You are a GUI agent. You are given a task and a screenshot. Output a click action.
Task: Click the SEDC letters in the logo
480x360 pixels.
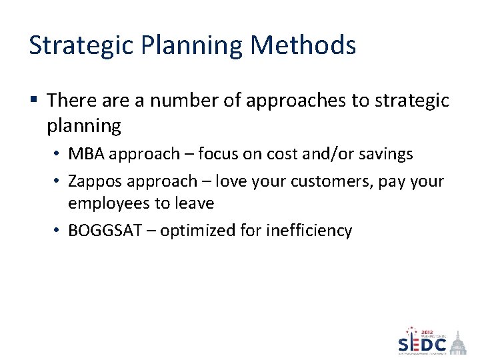click(423, 345)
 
